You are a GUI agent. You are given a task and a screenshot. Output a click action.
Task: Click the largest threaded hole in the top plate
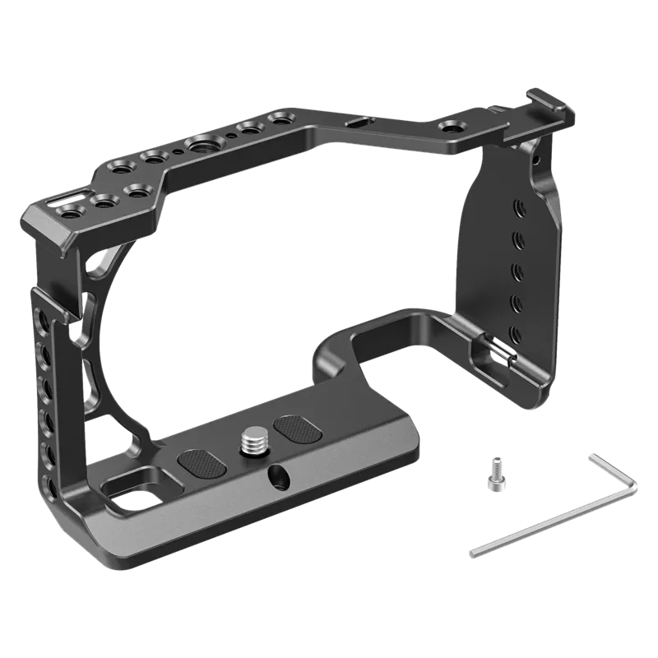(201, 146)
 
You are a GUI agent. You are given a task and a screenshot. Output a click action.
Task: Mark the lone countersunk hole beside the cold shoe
(450, 127)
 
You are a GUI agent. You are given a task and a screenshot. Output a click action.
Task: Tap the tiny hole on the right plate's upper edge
(538, 153)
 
